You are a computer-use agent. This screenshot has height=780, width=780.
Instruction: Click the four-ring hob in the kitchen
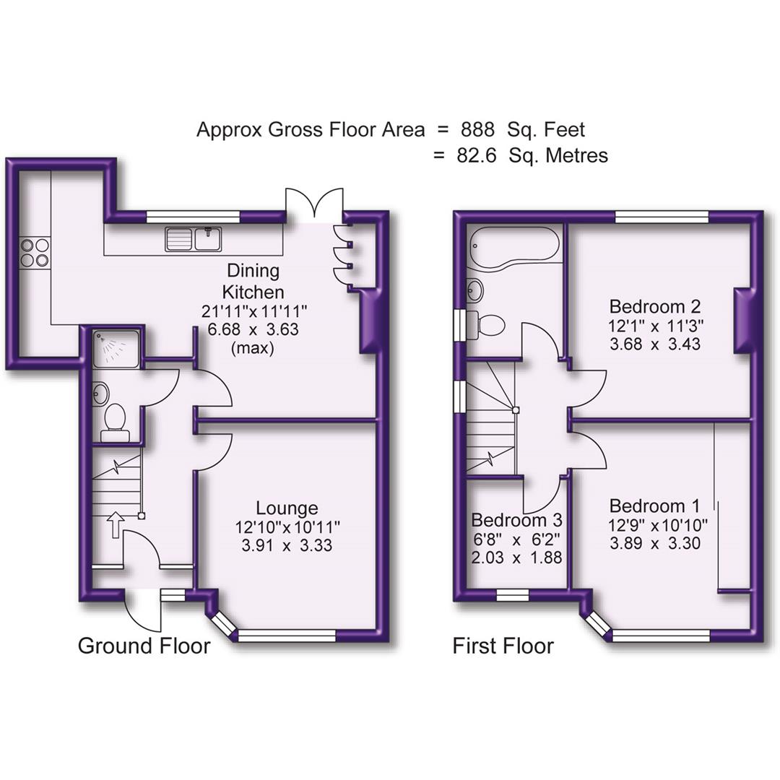coord(35,253)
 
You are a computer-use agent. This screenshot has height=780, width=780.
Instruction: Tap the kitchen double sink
coord(193,238)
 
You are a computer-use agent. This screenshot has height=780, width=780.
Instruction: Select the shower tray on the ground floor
coord(116,347)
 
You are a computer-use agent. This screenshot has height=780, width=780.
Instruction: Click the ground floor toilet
coord(115,422)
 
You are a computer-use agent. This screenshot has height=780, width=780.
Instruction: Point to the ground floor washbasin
coord(101,394)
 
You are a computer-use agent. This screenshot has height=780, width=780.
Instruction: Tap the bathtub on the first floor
coord(513,245)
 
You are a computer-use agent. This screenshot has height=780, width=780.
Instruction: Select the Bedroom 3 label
coord(516,520)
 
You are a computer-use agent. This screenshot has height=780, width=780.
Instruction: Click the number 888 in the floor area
coord(477,130)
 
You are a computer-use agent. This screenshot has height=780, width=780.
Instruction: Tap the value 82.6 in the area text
coord(477,155)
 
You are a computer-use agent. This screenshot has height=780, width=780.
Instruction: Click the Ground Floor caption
coord(144,646)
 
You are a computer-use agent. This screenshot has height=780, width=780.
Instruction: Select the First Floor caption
coord(503,646)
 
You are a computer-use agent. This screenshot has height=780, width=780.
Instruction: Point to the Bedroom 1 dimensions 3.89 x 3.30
coord(655,544)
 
